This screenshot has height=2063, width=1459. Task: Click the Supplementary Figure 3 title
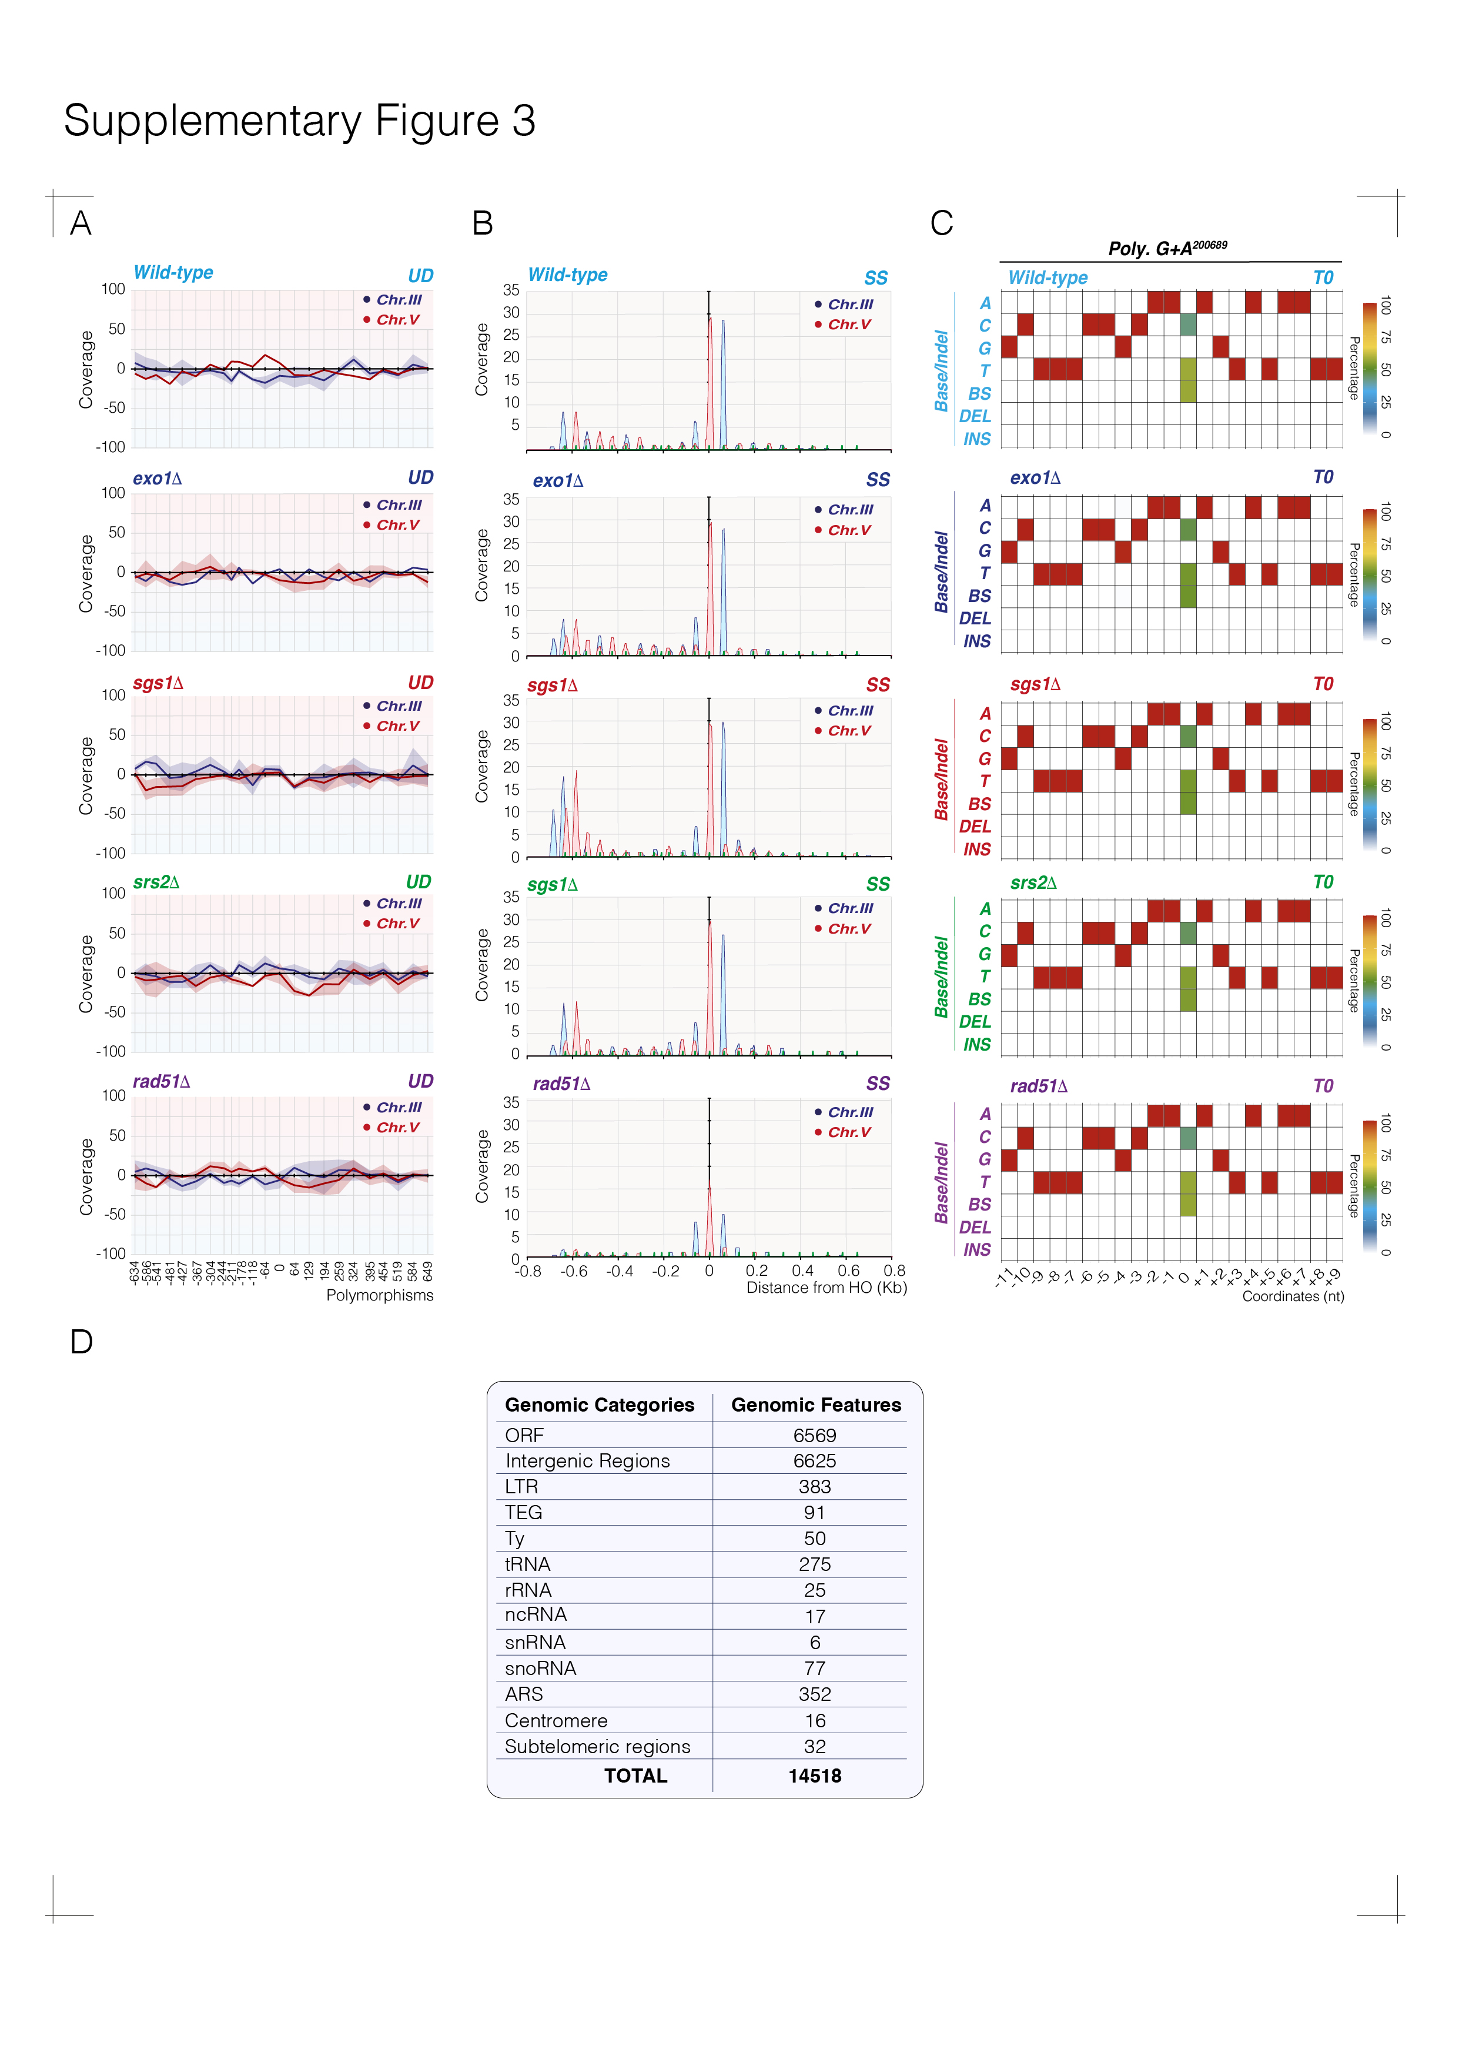pos(299,121)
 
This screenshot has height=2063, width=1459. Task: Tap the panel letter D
pos(81,1342)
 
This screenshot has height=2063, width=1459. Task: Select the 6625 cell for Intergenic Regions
pos(814,1461)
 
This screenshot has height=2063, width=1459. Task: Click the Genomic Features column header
pos(816,1405)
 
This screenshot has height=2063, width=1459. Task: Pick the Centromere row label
pos(556,1721)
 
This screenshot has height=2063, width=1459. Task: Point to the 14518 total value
pos(814,1776)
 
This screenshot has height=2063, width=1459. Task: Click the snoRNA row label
pos(540,1669)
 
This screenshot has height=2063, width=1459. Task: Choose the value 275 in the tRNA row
pos(814,1564)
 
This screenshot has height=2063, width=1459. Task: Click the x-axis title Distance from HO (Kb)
pos(826,1288)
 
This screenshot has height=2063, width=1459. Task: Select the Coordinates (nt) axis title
pos(1293,1296)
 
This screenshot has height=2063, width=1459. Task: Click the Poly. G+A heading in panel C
pos(1167,248)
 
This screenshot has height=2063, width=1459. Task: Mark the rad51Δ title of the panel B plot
pos(561,1084)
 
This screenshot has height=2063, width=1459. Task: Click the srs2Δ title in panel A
pos(156,882)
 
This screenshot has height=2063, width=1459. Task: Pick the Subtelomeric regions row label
pos(597,1747)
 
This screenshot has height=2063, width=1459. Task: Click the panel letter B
pos(483,223)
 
